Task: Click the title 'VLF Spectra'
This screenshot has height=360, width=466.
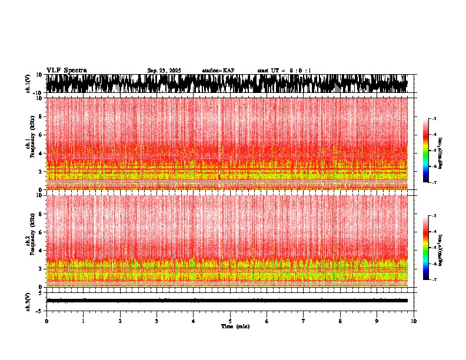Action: (66, 70)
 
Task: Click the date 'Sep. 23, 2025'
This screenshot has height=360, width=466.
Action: (164, 71)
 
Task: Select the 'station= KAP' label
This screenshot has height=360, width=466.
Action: (218, 71)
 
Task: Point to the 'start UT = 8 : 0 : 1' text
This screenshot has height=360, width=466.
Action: (284, 71)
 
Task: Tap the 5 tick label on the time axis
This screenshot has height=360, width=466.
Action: (230, 321)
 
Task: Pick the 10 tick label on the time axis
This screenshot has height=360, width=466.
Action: (414, 321)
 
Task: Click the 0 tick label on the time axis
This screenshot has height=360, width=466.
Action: (46, 321)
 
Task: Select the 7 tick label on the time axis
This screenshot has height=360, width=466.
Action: (304, 321)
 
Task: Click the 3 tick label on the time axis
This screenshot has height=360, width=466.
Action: (157, 321)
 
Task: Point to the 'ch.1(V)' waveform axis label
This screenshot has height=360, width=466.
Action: (28, 84)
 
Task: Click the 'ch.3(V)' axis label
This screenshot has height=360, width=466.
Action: (28, 300)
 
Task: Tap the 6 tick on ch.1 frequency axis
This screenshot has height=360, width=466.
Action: (41, 135)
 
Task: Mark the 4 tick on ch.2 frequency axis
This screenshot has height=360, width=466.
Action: (41, 250)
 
